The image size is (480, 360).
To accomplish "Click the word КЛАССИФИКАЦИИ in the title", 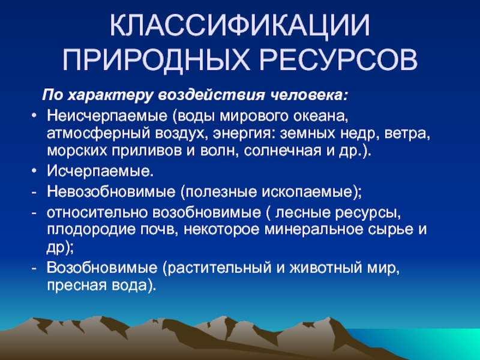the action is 239,26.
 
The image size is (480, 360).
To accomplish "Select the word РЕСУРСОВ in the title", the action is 338,59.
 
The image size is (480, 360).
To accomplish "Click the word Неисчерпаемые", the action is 107,116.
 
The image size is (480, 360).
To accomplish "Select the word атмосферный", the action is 98,134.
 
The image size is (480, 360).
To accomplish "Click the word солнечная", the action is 283,151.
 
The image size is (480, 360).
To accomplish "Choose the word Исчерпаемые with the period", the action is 100,172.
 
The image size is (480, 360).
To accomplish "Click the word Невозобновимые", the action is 111,192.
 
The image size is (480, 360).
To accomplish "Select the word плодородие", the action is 91,230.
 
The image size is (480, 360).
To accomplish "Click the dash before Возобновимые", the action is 34,269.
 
